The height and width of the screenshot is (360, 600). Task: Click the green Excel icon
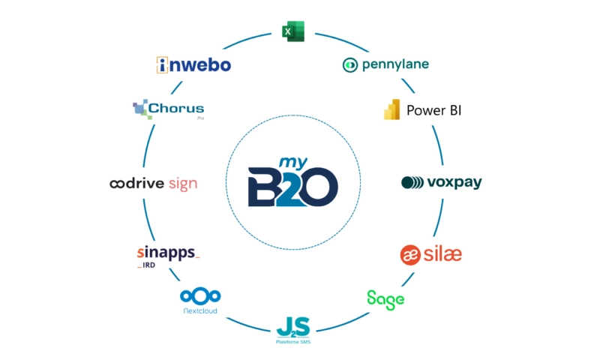pos(293,31)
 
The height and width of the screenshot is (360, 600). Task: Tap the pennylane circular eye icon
pos(349,65)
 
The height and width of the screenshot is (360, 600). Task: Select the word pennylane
pos(395,64)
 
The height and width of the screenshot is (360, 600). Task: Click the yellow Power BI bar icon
pos(391,109)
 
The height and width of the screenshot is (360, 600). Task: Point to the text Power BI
pos(434,110)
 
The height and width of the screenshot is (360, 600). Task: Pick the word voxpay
pos(454,182)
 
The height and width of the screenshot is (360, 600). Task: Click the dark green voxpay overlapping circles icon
pos(412,182)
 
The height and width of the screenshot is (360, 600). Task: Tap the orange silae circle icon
pos(410,255)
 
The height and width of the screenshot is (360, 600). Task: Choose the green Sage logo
pos(385,300)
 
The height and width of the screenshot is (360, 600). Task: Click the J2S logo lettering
pos(293,327)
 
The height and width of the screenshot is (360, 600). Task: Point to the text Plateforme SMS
pos(293,342)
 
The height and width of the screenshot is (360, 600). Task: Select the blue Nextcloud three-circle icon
pos(200,296)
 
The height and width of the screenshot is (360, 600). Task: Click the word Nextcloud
pos(200,310)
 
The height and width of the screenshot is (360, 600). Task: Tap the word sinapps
pos(166,253)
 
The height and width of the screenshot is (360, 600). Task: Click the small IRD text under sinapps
pos(148,265)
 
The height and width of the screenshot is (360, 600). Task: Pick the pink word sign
pos(183,184)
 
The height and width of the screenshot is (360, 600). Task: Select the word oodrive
pos(137,183)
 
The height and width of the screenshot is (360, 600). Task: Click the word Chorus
pos(176,108)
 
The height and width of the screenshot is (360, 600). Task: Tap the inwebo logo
pos(193,64)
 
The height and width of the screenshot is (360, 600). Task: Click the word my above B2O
pos(293,163)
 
